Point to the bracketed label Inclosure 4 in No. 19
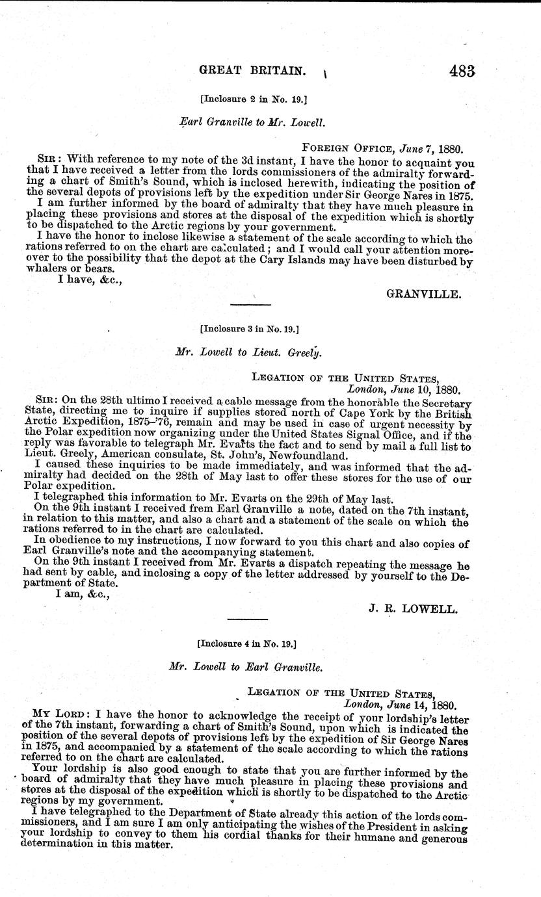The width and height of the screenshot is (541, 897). pyautogui.click(x=247, y=643)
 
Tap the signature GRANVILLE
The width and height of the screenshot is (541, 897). pyautogui.click(x=424, y=294)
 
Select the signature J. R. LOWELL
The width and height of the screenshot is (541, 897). pyautogui.click(x=417, y=609)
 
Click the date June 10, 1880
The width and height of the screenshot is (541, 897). pyautogui.click(x=404, y=391)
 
